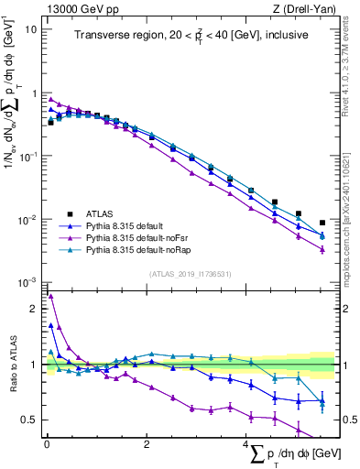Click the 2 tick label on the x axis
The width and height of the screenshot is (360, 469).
pos(147,444)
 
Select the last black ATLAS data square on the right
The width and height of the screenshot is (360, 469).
pos(322,223)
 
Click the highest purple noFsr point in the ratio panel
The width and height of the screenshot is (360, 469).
pos(50,296)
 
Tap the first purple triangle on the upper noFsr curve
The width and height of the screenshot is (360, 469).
pos(50,100)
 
